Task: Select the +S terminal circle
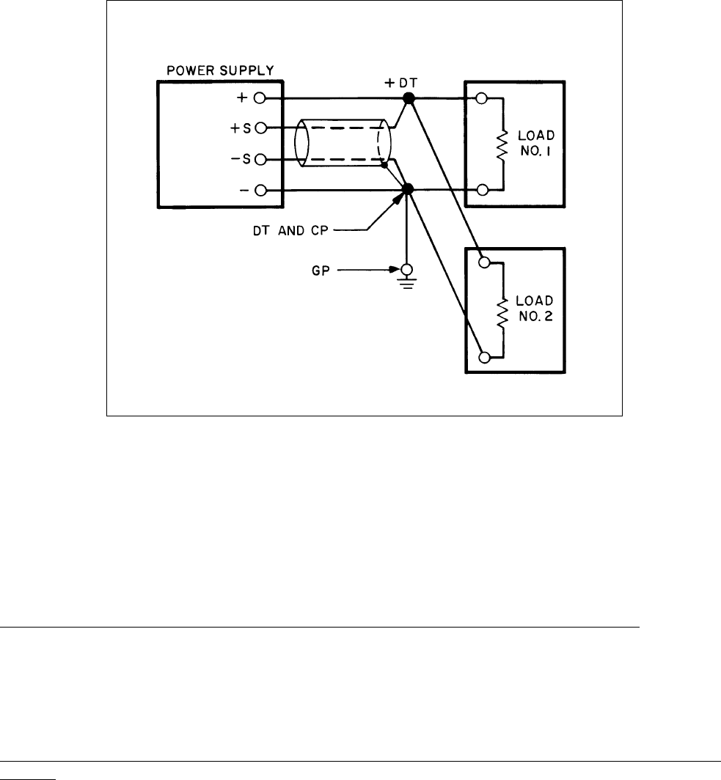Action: (260, 128)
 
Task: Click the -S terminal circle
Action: (260, 159)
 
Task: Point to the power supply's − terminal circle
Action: (260, 191)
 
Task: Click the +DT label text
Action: (403, 83)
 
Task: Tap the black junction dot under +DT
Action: (409, 98)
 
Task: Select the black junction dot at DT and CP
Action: (409, 190)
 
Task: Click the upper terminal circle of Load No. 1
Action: (483, 98)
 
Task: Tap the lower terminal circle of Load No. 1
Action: (483, 191)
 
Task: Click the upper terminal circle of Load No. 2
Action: (483, 262)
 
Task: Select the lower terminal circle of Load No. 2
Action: (483, 357)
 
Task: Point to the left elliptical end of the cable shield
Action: (300, 144)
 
